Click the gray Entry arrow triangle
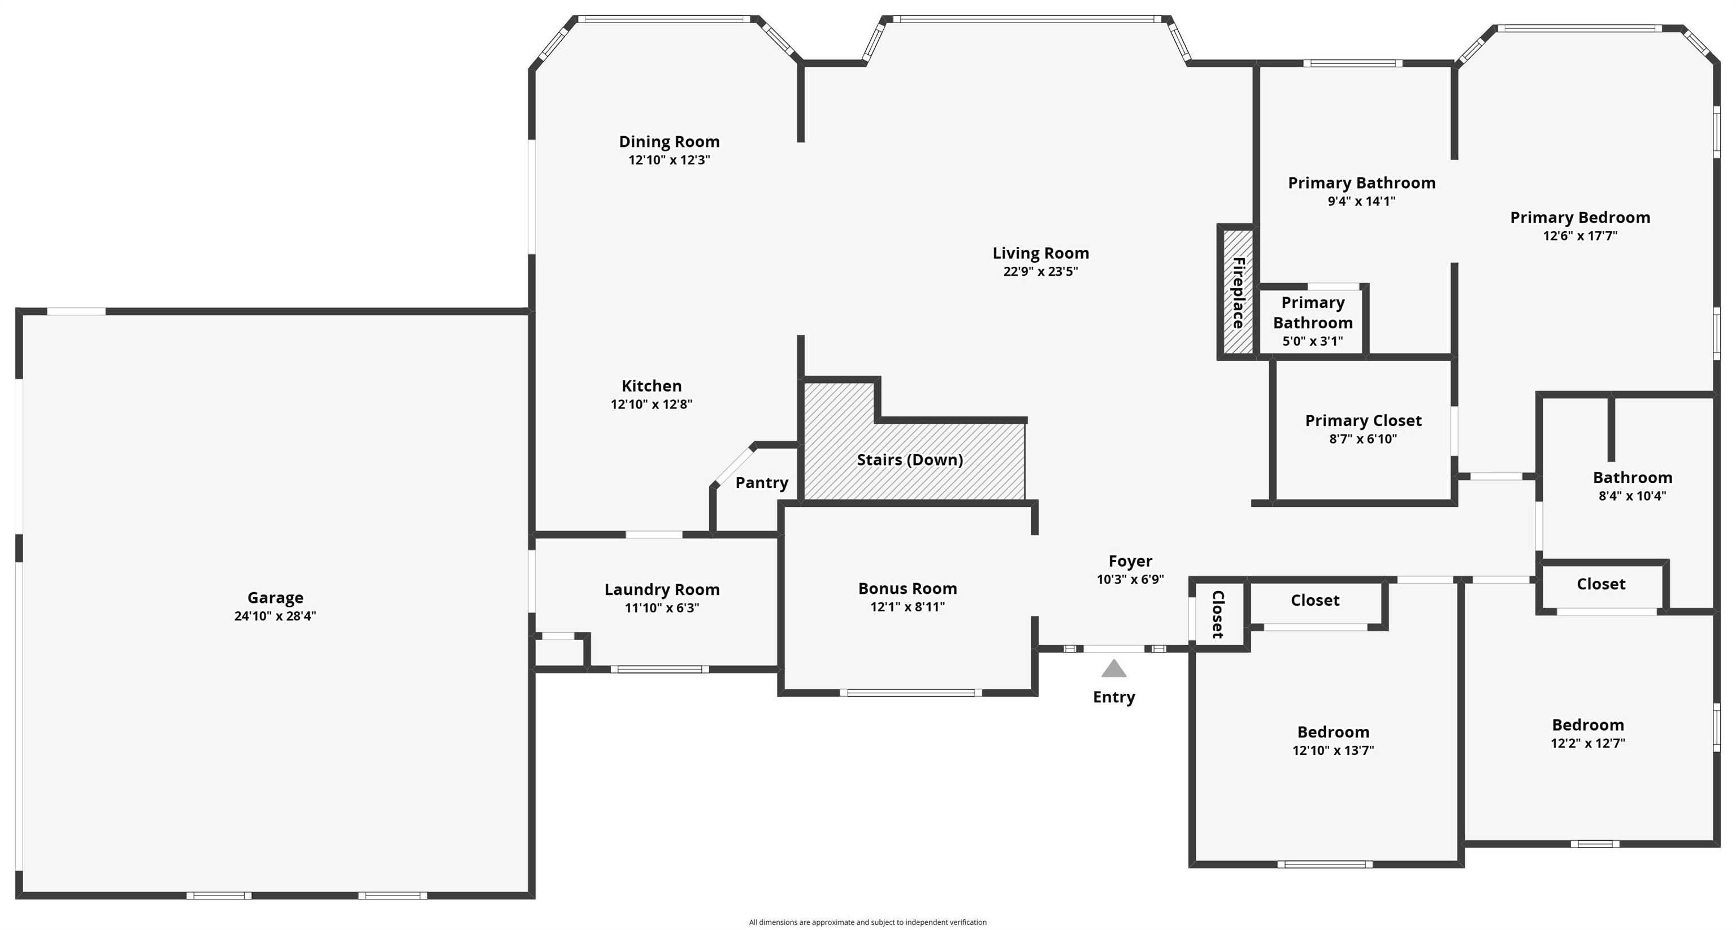[1114, 668]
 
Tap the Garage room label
[275, 598]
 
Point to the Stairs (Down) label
[910, 459]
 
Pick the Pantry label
[762, 483]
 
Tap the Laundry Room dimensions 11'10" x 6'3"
[662, 608]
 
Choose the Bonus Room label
[908, 588]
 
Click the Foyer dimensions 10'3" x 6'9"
[1130, 580]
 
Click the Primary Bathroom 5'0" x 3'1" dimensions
[1312, 341]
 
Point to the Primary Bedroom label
[1579, 218]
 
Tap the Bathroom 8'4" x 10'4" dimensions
[1632, 496]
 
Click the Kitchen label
[651, 386]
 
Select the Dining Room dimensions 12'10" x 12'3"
[669, 160]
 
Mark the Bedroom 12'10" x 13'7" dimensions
[1333, 751]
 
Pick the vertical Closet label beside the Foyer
[1218, 615]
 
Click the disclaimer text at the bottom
[867, 923]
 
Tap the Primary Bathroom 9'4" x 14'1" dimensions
[1361, 201]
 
